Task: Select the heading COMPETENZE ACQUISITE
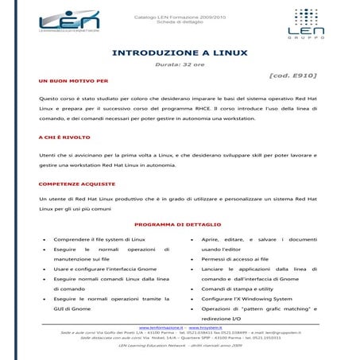[75, 184]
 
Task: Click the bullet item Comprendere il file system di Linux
[99, 239]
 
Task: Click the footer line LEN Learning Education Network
[180, 346]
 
